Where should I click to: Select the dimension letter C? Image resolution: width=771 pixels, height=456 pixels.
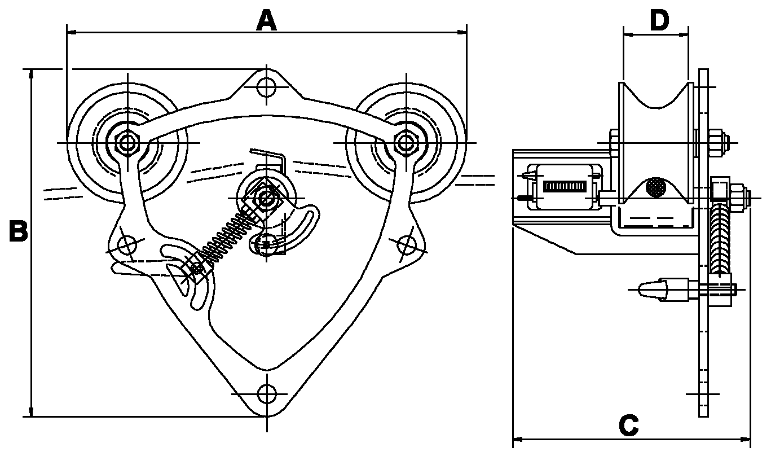[x=628, y=426]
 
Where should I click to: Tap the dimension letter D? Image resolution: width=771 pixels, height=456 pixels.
[x=659, y=20]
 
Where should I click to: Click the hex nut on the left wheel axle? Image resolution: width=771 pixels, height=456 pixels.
[x=127, y=143]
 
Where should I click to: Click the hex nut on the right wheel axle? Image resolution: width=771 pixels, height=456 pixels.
[x=406, y=143]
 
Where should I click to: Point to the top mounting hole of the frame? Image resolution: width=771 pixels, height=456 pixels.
[x=267, y=87]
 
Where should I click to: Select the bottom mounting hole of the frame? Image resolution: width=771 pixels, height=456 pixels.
[x=267, y=394]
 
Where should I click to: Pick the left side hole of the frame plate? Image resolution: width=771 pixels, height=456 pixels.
[x=127, y=245]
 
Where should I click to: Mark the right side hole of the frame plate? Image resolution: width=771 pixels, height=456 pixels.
[x=407, y=245]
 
